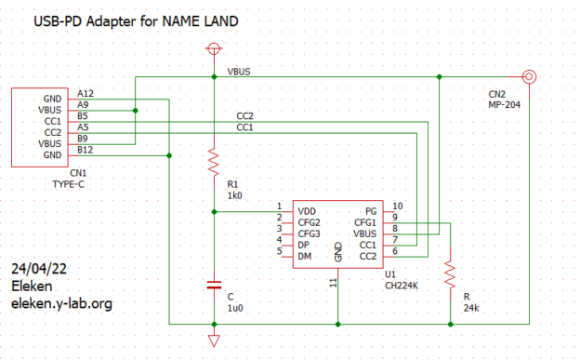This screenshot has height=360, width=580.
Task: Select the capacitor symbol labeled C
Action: (214, 281)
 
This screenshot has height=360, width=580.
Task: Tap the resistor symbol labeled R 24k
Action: (450, 274)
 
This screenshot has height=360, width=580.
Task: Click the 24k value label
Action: (472, 307)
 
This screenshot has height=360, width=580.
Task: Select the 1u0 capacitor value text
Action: (235, 308)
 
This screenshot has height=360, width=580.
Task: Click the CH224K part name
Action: (402, 287)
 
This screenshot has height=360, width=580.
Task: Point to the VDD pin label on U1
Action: (308, 211)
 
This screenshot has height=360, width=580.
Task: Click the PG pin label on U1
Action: (371, 211)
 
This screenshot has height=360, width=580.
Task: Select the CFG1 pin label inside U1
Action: (365, 222)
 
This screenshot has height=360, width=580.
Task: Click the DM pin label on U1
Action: (304, 256)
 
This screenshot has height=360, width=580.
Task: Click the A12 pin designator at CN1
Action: (86, 93)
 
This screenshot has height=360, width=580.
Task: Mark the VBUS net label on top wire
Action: (238, 72)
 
